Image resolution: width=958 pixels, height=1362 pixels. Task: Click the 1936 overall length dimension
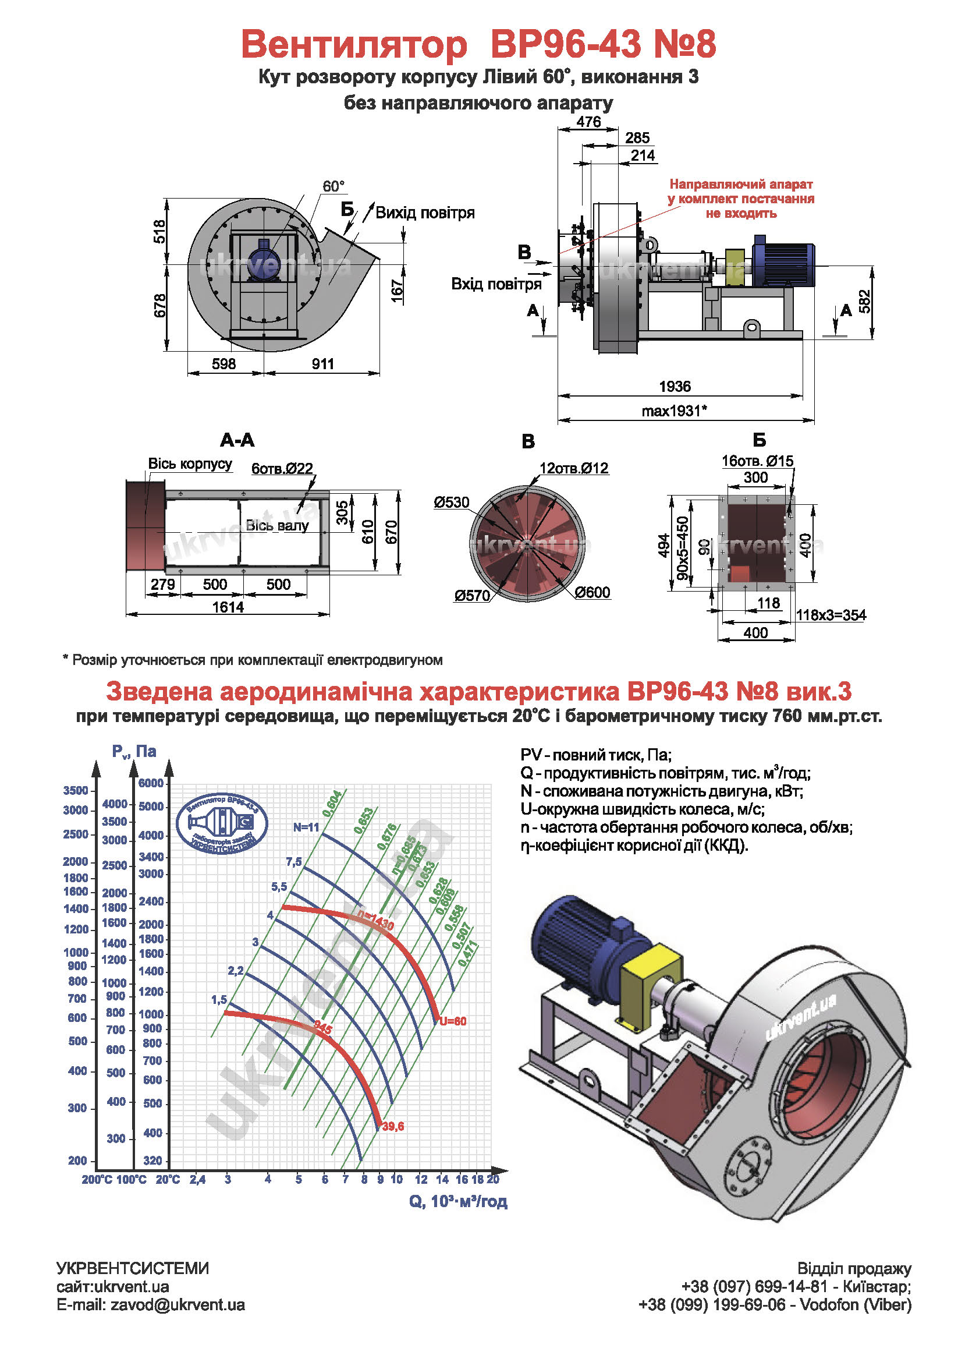click(675, 387)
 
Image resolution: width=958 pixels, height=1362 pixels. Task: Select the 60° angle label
click(333, 186)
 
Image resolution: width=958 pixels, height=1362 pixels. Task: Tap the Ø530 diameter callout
click(451, 503)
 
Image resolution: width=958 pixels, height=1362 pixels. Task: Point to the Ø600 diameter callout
click(592, 592)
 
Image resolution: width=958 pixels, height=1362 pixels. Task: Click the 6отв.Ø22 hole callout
click(282, 469)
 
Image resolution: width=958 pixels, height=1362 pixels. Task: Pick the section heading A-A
click(237, 440)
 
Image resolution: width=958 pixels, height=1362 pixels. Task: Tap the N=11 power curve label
click(306, 827)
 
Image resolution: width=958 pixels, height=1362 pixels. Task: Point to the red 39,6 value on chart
click(392, 1127)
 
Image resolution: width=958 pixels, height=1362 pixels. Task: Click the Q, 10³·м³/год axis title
click(457, 1201)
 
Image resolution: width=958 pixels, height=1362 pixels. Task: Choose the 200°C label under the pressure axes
click(97, 1179)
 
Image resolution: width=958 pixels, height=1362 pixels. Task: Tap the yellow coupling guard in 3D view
click(650, 978)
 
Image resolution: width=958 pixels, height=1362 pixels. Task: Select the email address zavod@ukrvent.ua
click(178, 1305)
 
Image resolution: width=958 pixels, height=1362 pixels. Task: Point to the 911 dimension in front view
click(322, 363)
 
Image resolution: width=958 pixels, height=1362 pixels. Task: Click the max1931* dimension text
click(674, 411)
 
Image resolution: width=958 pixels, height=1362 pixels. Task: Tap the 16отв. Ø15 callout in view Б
click(757, 461)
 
